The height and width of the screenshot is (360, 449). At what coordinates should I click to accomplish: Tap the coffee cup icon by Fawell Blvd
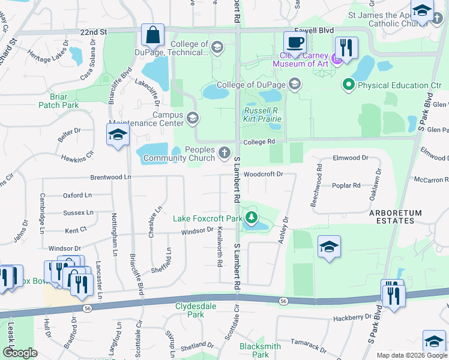pyautogui.click(x=294, y=42)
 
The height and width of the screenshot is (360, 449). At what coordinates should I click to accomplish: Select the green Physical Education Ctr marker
pyautogui.click(x=348, y=85)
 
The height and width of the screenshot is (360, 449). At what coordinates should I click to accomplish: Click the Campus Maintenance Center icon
pyautogui.click(x=193, y=117)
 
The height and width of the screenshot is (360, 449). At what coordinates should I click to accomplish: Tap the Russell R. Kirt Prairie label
pyautogui.click(x=262, y=115)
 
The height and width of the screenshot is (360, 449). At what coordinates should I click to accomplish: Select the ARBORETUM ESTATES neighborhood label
pyautogui.click(x=396, y=217)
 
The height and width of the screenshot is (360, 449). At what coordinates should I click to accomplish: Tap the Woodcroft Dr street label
pyautogui.click(x=264, y=174)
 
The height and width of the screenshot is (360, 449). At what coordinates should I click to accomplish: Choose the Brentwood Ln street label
pyautogui.click(x=110, y=178)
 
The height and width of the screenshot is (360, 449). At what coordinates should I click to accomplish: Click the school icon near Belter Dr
pyautogui.click(x=118, y=135)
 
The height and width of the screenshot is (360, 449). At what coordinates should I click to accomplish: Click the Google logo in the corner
pyautogui.click(x=20, y=353)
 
